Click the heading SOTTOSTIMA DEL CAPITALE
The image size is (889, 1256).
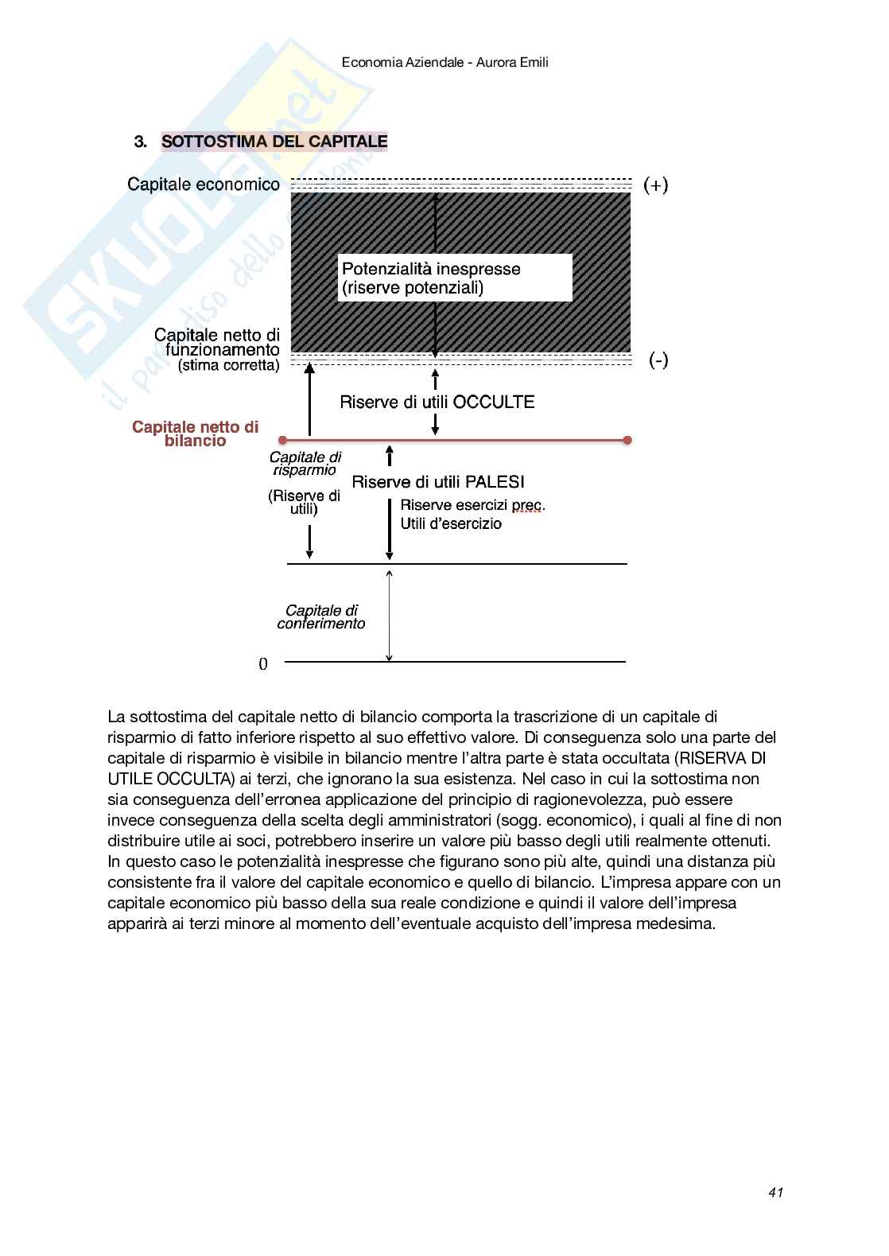(274, 142)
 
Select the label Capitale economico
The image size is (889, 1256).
(204, 185)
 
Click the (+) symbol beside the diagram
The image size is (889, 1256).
(656, 185)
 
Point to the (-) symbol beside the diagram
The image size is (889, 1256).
(658, 361)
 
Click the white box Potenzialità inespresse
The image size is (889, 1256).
(456, 278)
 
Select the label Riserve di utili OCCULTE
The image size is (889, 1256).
(437, 402)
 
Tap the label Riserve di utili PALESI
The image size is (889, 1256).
(438, 481)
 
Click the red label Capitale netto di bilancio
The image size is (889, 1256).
(196, 434)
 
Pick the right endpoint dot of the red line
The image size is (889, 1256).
(627, 440)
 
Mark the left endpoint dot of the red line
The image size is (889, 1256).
(281, 440)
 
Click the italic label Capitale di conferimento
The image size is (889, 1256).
(321, 616)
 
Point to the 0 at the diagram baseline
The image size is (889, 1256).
(263, 664)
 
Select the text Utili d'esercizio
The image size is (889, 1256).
(451, 523)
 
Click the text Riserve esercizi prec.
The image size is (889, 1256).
(472, 505)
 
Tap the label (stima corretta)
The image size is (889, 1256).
(229, 366)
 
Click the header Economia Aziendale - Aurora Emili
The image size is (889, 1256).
(444, 61)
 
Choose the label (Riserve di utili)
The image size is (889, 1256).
(304, 502)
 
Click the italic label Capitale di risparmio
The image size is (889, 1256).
(305, 463)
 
